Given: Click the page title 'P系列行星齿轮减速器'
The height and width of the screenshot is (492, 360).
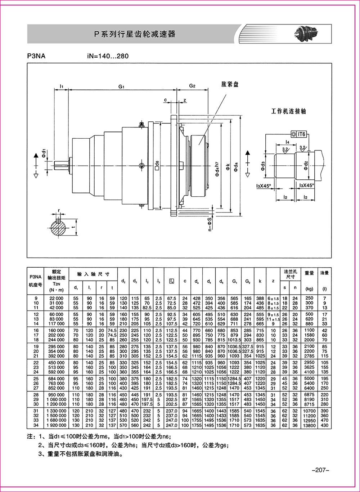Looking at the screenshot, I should coord(134,34).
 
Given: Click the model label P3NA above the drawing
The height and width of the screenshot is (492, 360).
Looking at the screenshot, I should coord(36,56).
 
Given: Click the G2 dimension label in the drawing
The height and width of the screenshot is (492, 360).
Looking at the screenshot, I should coord(192,86).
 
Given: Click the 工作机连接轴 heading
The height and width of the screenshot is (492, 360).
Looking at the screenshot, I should coord(288,112).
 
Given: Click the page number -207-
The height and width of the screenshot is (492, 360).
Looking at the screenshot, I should coord(320,470).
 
